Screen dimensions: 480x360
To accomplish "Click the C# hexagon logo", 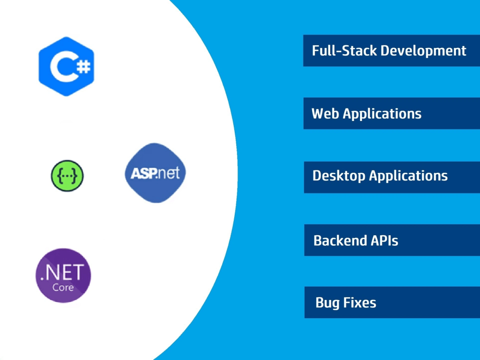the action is (66, 66).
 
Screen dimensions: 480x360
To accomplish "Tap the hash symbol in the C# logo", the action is (84, 66).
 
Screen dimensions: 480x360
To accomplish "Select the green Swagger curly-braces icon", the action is (67, 176).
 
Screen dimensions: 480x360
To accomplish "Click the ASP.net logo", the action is (155, 173).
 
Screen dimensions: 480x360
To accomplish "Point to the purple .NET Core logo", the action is (63, 276).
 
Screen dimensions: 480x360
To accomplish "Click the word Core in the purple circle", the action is (63, 287).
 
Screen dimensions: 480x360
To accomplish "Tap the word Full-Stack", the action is (344, 50).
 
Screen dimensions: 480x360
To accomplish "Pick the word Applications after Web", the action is (382, 114).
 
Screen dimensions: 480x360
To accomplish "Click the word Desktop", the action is (339, 176).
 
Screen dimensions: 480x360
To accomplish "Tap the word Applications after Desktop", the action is (408, 176).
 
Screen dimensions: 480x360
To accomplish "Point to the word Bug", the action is (327, 303).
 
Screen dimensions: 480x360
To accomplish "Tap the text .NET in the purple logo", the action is (62, 272).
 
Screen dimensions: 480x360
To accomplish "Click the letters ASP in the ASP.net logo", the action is (143, 174).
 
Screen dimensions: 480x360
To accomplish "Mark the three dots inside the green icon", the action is (67, 176).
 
